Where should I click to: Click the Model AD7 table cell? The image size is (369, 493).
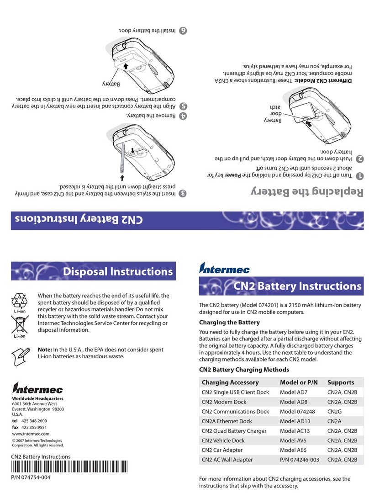click(293, 392)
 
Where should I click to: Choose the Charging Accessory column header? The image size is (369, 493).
click(230, 382)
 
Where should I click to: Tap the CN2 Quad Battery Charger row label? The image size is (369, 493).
click(236, 430)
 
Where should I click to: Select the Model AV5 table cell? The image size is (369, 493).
click(293, 440)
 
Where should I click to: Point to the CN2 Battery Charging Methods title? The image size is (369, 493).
click(244, 369)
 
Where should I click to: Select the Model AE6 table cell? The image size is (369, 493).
click(293, 450)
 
